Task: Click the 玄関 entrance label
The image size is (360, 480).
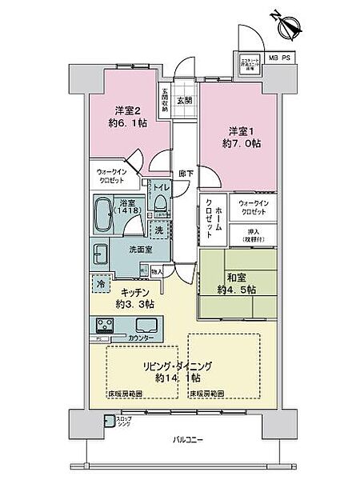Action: pos(185,99)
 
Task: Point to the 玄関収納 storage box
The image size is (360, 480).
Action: pos(165,98)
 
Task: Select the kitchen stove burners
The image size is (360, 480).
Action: pos(107,326)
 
